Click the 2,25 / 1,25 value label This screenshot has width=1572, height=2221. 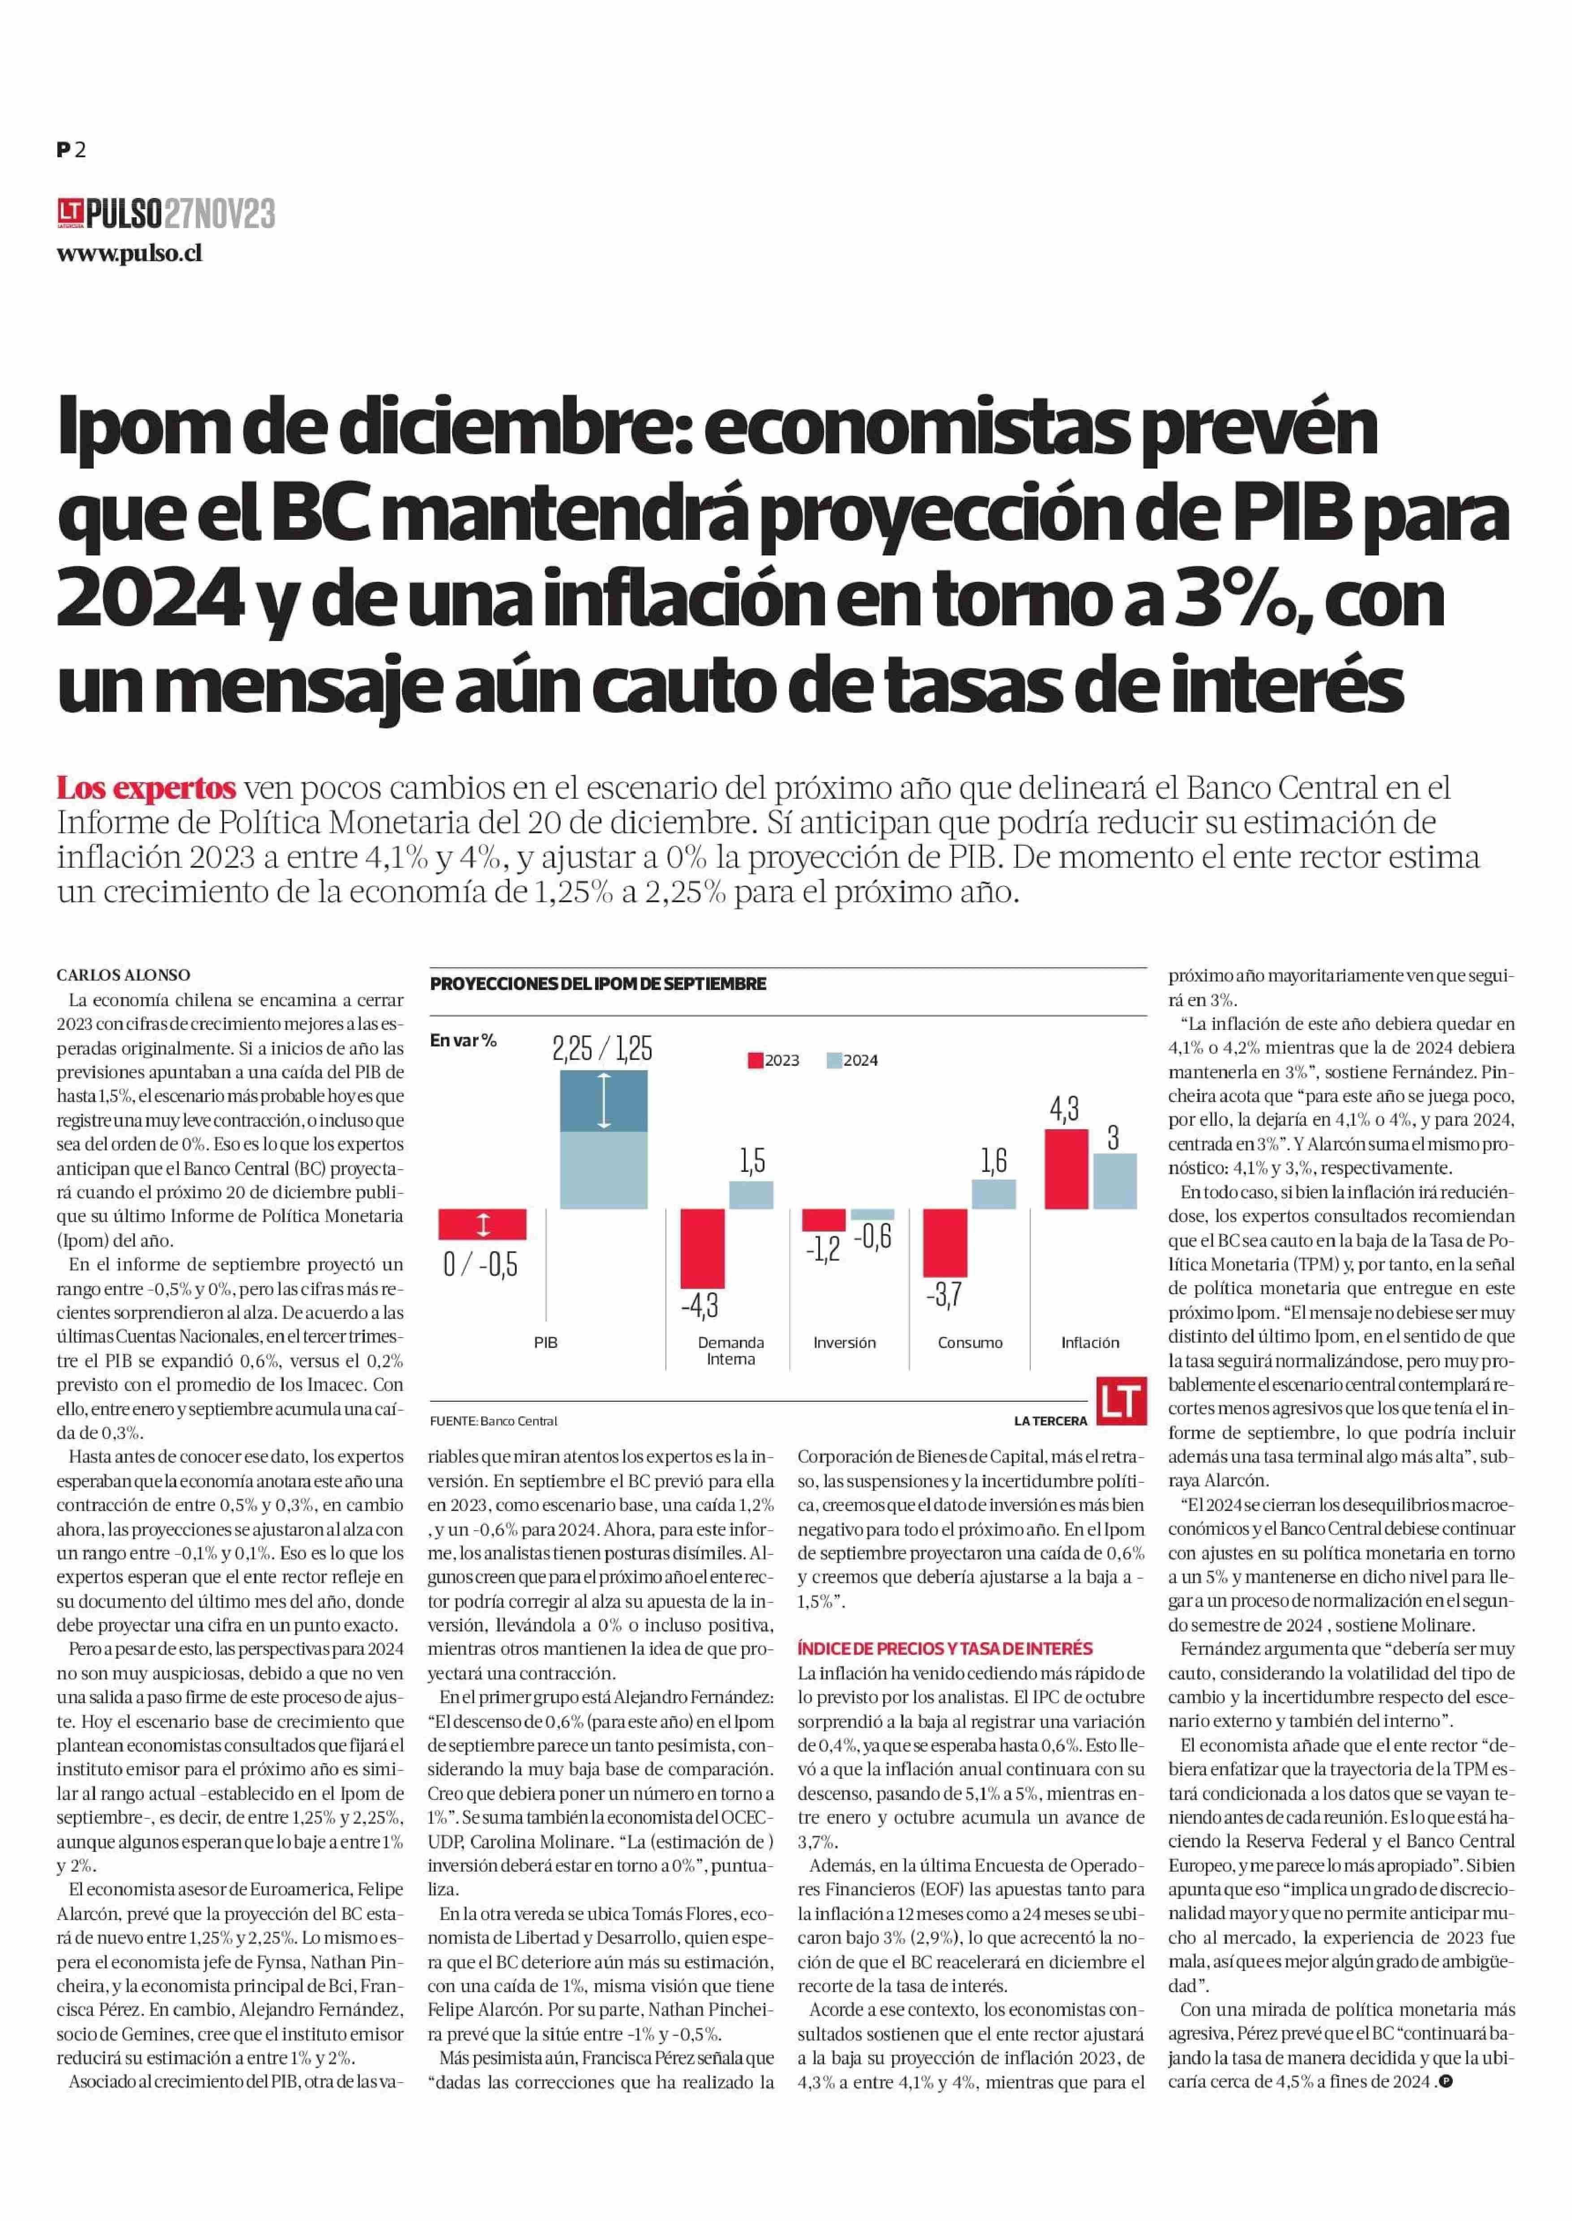(x=602, y=1048)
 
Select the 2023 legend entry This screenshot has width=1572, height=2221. (x=773, y=1061)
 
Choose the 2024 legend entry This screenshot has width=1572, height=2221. (x=853, y=1061)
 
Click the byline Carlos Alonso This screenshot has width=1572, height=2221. (x=123, y=974)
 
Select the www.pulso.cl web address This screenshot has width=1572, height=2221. (x=129, y=254)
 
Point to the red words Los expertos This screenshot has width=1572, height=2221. (x=146, y=787)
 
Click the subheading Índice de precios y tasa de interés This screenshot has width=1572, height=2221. (x=945, y=1648)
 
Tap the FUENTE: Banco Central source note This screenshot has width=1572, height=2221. (x=494, y=1420)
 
